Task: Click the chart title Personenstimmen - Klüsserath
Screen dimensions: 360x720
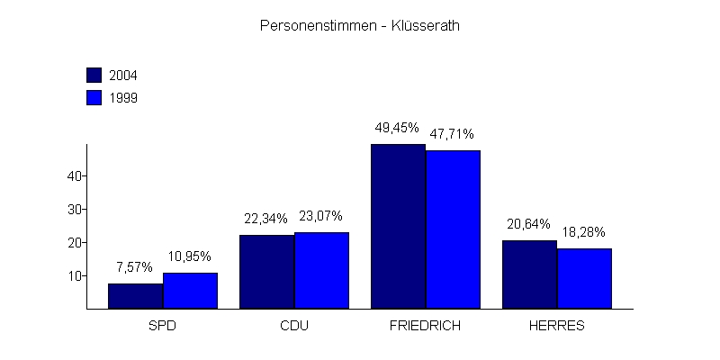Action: (360, 26)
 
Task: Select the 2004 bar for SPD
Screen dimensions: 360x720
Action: (135, 296)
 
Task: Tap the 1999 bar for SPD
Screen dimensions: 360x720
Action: (190, 291)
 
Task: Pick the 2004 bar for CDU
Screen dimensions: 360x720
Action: (266, 272)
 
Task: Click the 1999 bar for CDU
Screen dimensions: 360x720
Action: (321, 270)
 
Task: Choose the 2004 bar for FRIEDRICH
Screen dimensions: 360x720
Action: (398, 227)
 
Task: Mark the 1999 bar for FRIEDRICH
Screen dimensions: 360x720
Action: (453, 229)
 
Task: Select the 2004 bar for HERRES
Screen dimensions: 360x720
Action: (529, 274)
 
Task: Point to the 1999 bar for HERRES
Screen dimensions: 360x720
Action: (584, 278)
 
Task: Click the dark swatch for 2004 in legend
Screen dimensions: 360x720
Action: (94, 75)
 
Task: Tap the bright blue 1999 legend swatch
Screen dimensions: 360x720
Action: (94, 97)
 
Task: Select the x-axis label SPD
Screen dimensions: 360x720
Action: (163, 325)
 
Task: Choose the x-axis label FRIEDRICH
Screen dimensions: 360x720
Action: (426, 325)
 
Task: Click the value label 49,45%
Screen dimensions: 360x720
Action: (397, 128)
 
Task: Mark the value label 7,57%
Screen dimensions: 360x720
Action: (135, 267)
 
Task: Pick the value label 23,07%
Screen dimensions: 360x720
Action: (320, 216)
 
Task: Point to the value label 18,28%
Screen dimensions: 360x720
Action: (584, 232)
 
